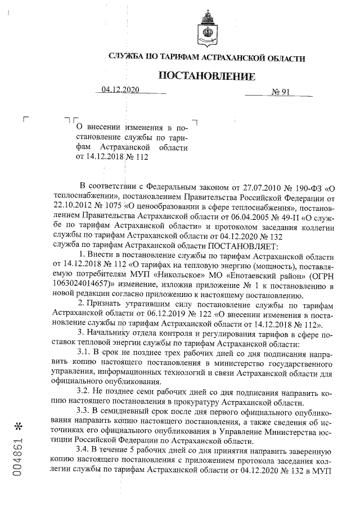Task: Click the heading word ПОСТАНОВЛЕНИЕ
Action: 206,76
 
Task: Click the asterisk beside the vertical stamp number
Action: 20,422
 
